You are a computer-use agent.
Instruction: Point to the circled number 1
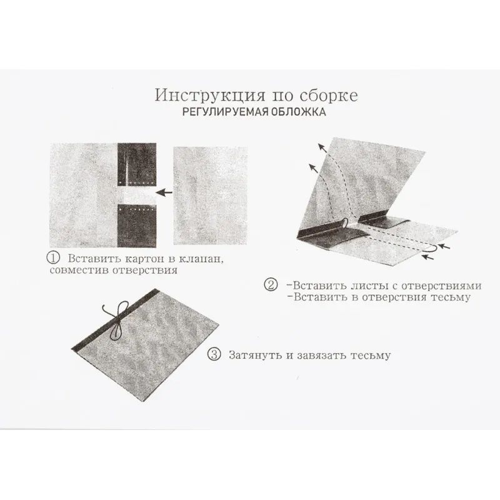click(55, 258)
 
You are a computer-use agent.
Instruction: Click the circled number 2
click(271, 286)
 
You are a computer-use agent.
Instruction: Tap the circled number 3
click(214, 355)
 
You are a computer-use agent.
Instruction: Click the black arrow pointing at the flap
click(164, 193)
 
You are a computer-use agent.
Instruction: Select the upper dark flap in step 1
click(137, 164)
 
